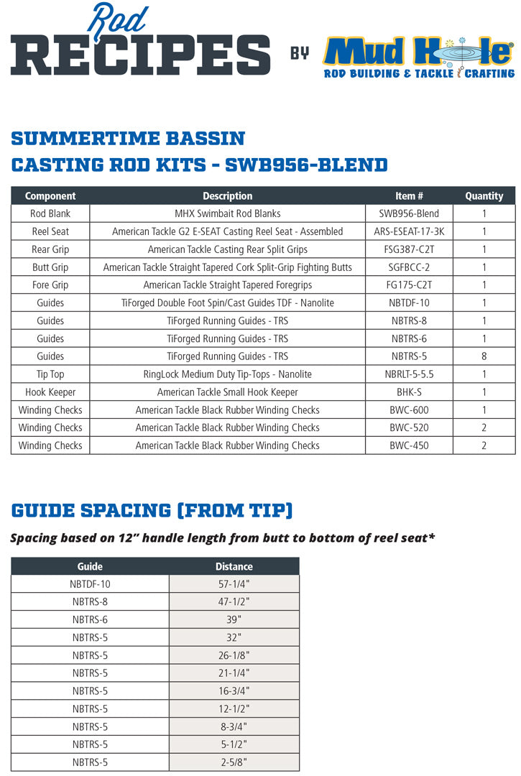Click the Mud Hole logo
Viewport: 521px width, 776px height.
pos(418,57)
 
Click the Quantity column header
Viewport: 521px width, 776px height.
pos(484,196)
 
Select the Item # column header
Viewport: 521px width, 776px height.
pos(409,196)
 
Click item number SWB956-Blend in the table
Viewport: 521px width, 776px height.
pos(409,213)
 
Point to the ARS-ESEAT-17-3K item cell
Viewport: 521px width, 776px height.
pos(409,231)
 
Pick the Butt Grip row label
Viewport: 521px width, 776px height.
pos(50,267)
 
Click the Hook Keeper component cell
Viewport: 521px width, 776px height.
pos(50,392)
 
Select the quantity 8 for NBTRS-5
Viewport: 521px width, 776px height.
pos(484,356)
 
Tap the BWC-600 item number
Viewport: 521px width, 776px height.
pos(409,410)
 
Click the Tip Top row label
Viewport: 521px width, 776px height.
pos(50,374)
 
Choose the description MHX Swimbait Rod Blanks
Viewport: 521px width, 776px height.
pos(227,213)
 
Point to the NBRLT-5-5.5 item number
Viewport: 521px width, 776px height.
pos(409,374)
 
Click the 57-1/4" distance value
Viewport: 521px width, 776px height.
pos(234,584)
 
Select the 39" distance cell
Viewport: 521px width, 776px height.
pos(234,619)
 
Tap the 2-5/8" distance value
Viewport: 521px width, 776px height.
pos(234,762)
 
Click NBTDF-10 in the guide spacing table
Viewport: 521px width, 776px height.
pos(90,584)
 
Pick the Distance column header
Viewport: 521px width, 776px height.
pos(234,566)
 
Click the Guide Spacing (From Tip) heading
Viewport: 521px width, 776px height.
pos(152,511)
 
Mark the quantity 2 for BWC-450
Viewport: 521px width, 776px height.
pos(484,445)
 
